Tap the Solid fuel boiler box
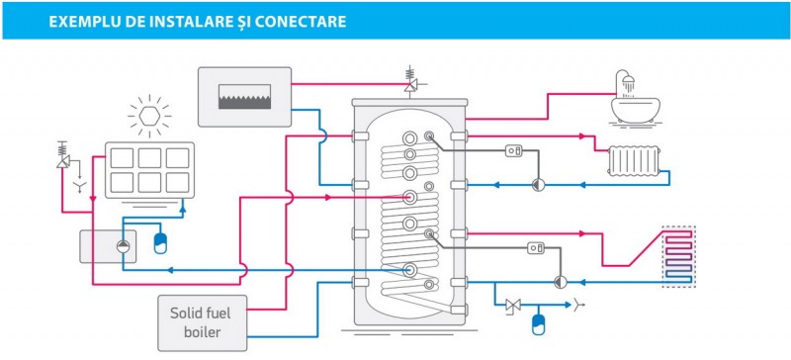click(x=203, y=322)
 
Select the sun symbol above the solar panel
click(x=149, y=116)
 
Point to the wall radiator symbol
click(x=634, y=161)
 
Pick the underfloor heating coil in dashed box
click(x=678, y=256)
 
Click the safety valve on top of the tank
click(x=410, y=81)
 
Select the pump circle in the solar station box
click(x=123, y=246)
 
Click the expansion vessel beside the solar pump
click(x=160, y=243)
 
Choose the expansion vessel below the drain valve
click(x=538, y=324)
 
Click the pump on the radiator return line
click(x=538, y=185)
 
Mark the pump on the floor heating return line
click(x=560, y=282)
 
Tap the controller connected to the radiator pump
click(x=513, y=151)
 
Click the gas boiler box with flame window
click(x=244, y=97)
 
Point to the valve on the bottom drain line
click(x=513, y=305)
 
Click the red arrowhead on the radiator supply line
click(x=582, y=136)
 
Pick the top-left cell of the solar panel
click(x=122, y=158)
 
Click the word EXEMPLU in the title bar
click(x=80, y=22)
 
